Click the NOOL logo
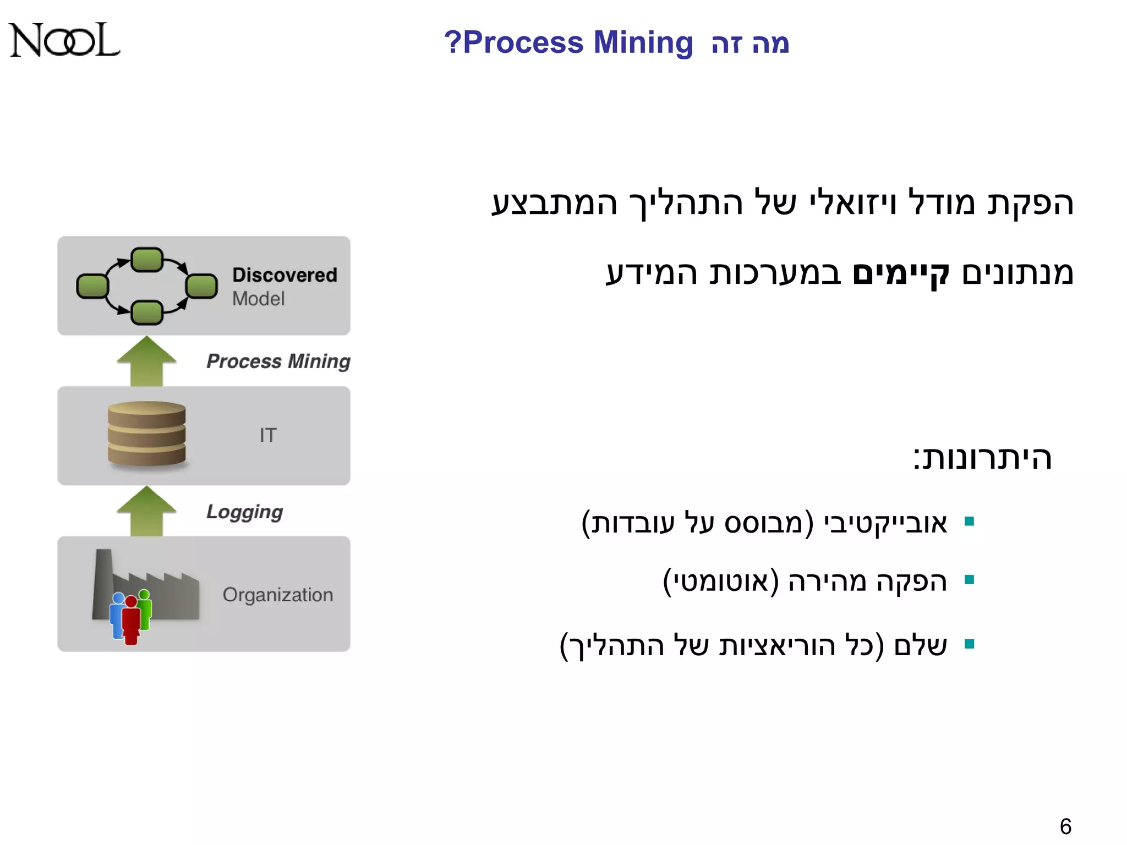(x=64, y=40)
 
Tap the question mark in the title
(x=452, y=42)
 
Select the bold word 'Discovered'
(x=284, y=275)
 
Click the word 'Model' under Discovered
(x=258, y=299)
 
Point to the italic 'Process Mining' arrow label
(x=278, y=361)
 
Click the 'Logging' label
(x=244, y=512)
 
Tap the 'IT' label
(x=268, y=435)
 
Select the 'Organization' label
(x=278, y=595)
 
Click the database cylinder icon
(x=147, y=434)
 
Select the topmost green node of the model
(x=147, y=260)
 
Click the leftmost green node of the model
(x=92, y=286)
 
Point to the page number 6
(x=1065, y=826)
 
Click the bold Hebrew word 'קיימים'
(x=901, y=273)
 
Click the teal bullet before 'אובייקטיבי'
(x=970, y=522)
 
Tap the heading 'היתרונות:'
(x=982, y=458)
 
